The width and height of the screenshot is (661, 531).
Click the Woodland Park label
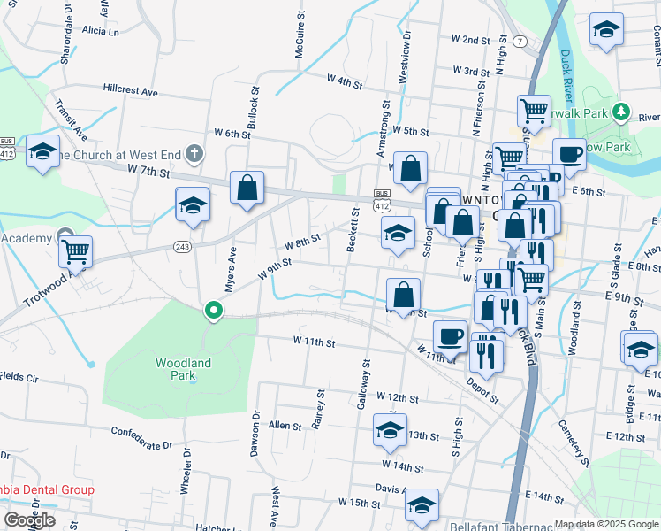pos(184,369)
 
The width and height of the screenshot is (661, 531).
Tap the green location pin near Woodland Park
pos(213,311)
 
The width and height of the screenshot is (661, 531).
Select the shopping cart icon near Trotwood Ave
pos(76,251)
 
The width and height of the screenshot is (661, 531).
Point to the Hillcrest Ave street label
pos(130,91)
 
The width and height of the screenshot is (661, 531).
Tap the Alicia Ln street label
pos(100,31)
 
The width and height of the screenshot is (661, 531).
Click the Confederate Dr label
pos(141,438)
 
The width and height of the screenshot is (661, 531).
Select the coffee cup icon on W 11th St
pos(450,335)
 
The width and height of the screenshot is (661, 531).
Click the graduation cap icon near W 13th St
pos(390,430)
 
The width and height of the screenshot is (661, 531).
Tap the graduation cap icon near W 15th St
pos(422,505)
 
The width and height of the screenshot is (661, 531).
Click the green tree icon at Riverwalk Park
pos(621,112)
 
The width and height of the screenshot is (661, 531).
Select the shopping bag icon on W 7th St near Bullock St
pos(247,188)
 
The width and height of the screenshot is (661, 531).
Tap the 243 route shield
pos(183,246)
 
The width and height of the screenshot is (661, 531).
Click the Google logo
pos(29,520)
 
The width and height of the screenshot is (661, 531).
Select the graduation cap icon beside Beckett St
pos(398,234)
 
